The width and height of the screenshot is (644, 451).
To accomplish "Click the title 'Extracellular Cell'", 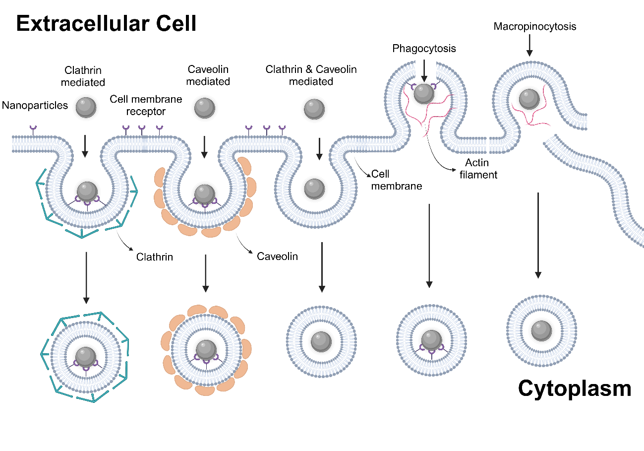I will click(106, 24).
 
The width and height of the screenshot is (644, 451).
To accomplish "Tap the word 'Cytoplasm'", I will click(575, 388).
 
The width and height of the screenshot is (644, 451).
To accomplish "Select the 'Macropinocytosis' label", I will click(534, 26).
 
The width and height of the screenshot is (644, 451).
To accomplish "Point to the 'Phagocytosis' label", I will click(424, 49).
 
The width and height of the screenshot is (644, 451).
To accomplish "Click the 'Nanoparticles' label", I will click(35, 105).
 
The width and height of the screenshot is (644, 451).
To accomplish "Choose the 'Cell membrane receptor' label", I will click(146, 105).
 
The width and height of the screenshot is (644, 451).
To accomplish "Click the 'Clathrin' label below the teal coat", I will click(155, 257).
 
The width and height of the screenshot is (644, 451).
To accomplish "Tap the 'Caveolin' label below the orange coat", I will click(277, 257).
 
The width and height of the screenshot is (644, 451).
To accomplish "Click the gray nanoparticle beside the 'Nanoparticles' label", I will click(85, 107).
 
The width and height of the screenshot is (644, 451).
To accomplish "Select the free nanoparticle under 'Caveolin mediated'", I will click(204, 108).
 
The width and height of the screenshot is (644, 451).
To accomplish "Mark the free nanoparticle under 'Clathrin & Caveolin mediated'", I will click(314, 109).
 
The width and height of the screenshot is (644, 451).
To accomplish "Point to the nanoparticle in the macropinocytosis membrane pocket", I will click(528, 100).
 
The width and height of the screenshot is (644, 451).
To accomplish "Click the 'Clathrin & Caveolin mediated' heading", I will click(311, 75).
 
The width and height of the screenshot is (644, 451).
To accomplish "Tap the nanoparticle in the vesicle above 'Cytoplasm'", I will click(541, 330).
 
